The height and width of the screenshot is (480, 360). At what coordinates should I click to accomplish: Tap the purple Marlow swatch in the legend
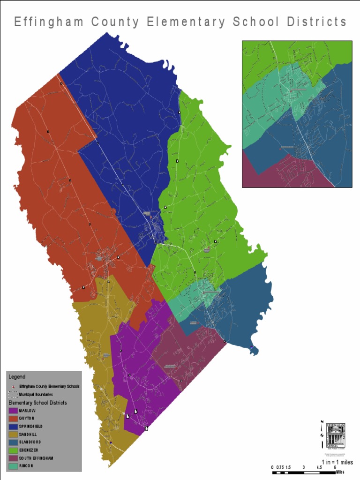[x=13, y=411]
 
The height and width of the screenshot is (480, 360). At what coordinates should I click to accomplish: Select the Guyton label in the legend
[x=27, y=418]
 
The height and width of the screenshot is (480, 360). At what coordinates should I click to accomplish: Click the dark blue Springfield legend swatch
[x=13, y=427]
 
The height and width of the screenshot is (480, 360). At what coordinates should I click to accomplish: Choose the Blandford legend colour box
[x=13, y=442]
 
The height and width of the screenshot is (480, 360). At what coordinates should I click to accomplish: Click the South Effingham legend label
[x=36, y=458]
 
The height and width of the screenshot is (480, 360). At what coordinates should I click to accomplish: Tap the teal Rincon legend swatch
[x=13, y=466]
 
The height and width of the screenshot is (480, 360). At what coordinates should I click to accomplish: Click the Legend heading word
[x=17, y=376]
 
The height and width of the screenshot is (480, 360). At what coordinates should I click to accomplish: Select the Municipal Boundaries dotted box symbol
[x=13, y=394]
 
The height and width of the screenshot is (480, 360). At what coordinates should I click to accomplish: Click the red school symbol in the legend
[x=13, y=386]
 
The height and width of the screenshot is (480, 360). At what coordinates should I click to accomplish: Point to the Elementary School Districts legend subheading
[x=37, y=403]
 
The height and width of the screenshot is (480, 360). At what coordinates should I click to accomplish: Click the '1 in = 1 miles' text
[x=337, y=462]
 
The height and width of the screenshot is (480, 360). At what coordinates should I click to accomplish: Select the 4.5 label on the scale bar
[x=319, y=467]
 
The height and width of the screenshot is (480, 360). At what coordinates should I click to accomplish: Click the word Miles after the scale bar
[x=340, y=472]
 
